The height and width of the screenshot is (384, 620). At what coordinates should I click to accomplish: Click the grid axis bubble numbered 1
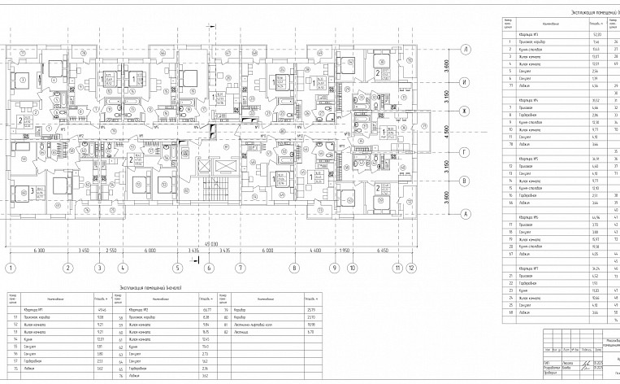coord(11,267)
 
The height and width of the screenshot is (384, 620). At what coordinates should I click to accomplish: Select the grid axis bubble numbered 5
coord(176,267)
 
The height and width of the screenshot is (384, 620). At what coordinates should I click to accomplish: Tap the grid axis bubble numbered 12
coord(412,267)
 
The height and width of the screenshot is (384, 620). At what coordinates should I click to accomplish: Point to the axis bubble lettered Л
coord(466,49)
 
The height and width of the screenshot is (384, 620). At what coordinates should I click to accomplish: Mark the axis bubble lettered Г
coord(466,152)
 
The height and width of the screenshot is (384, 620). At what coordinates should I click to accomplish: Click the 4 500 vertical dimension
coord(445,131)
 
